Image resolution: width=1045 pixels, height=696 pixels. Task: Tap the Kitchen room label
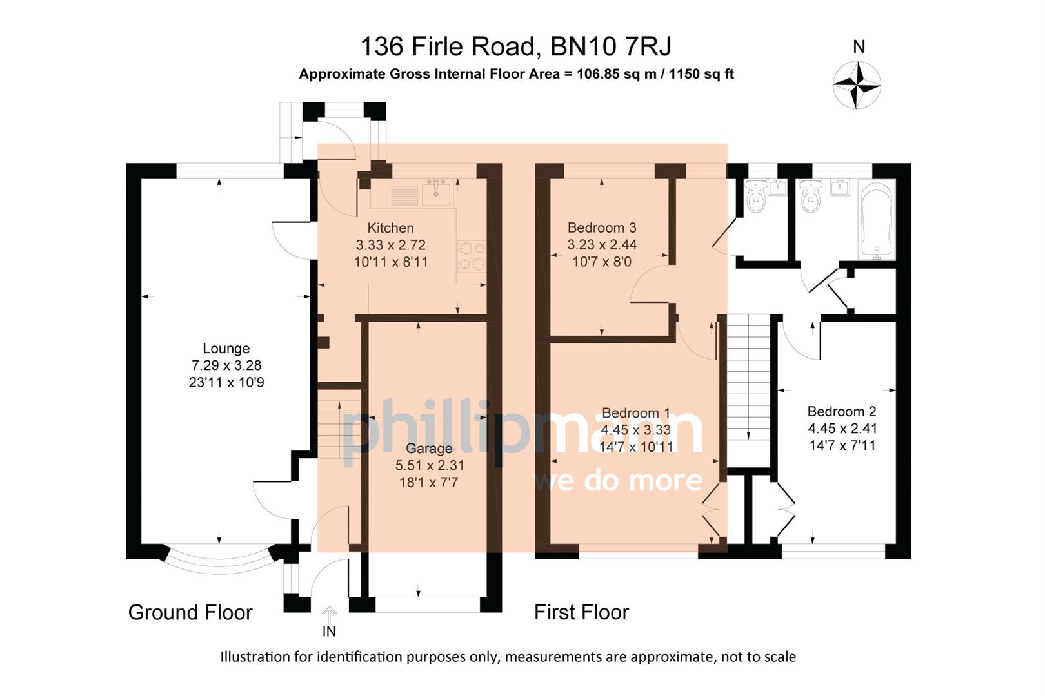390,228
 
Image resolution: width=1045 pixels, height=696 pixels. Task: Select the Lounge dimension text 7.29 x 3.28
226,365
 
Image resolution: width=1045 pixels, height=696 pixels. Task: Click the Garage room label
429,449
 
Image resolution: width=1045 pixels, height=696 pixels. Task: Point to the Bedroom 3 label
601,227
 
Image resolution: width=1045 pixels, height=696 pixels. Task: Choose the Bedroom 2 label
841,411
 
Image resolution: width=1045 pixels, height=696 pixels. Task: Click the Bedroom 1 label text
635,412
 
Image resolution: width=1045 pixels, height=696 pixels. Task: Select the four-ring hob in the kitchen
472,256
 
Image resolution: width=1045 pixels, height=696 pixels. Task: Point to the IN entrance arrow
329,615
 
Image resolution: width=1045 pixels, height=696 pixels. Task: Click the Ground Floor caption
190,612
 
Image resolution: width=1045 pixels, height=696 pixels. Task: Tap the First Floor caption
581,612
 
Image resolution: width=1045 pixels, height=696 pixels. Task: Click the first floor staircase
749,387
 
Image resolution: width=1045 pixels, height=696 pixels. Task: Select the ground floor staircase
339,425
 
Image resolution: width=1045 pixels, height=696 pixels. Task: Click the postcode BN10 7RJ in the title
610,46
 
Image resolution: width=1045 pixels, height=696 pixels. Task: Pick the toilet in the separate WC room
755,197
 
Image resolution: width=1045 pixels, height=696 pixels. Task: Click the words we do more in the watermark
618,481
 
